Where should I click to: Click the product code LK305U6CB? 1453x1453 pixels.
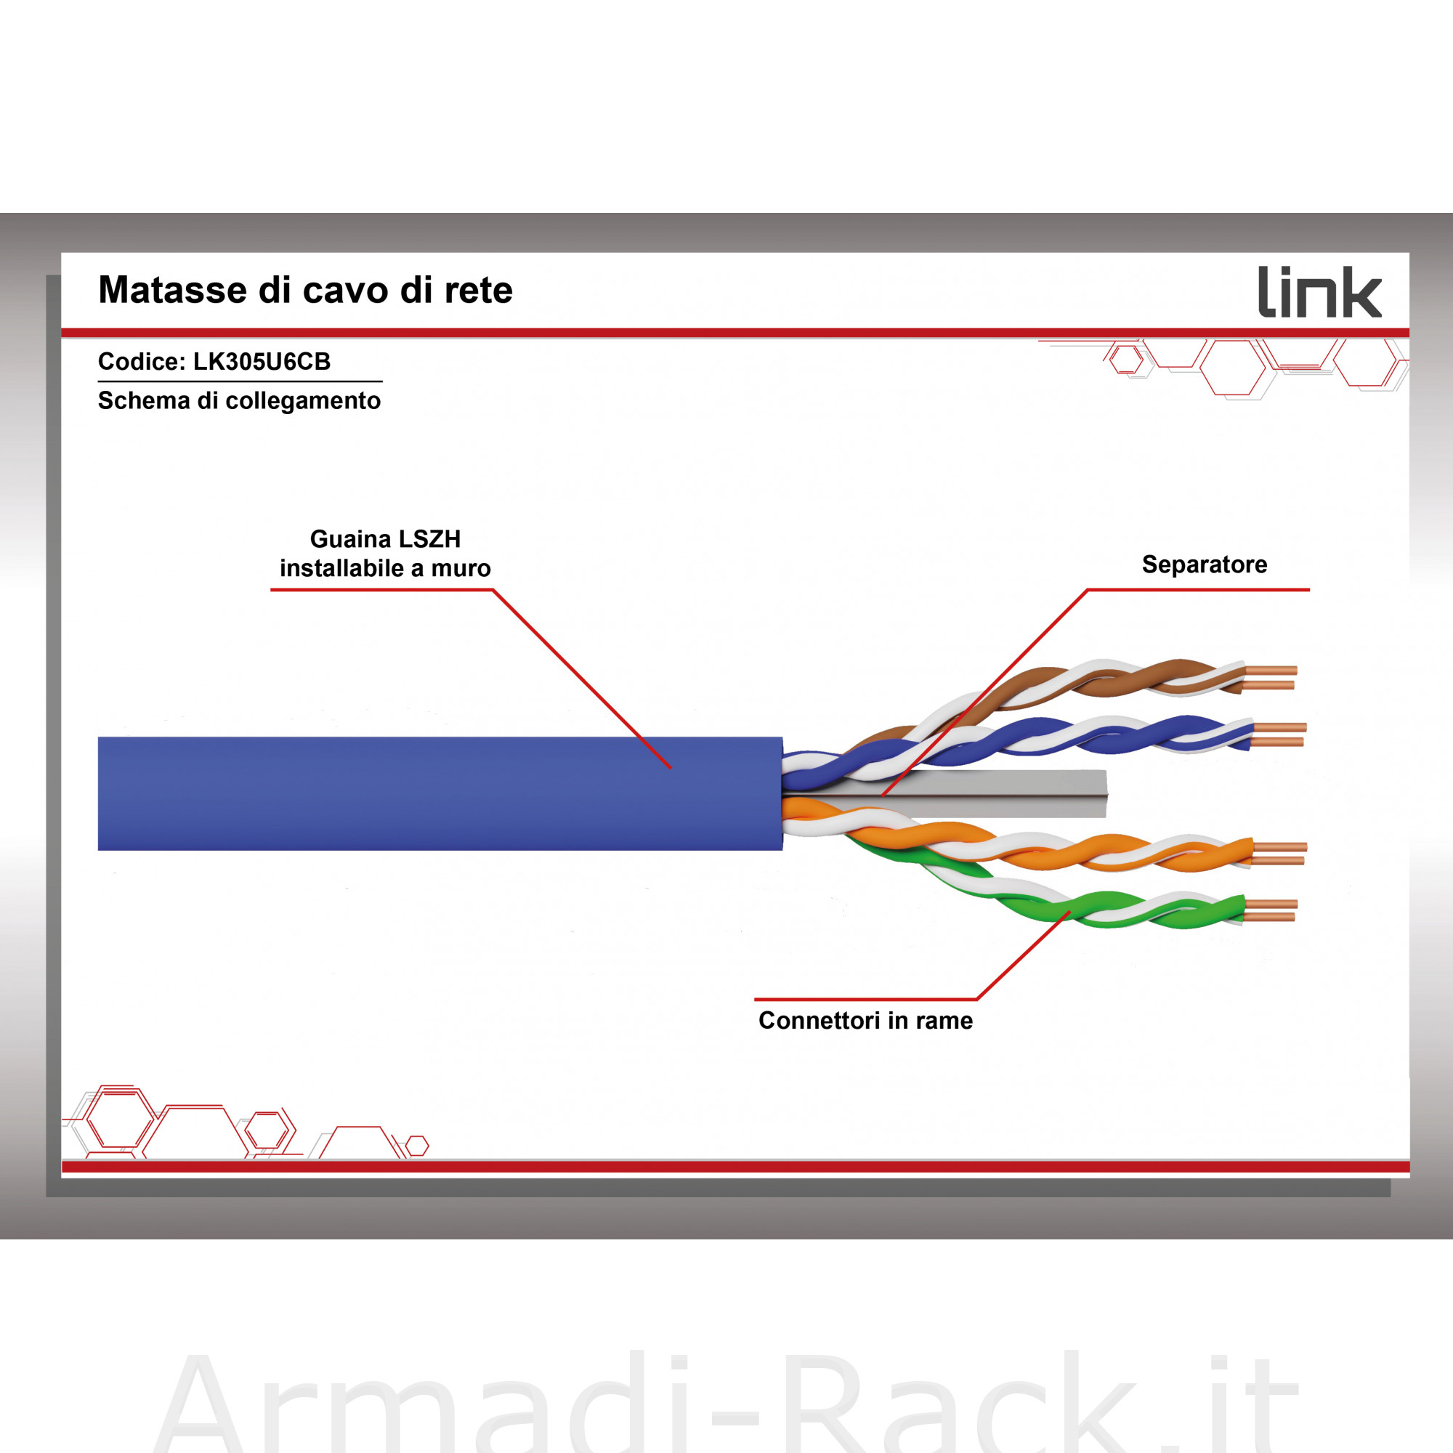pos(262,362)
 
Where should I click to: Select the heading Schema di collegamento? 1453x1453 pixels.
pos(239,401)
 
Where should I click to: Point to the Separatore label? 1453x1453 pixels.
pos(1204,564)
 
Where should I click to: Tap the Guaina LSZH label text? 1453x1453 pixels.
pos(385,539)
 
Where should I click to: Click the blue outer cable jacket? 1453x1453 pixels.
pos(440,793)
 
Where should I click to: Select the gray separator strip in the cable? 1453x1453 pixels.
pos(978,793)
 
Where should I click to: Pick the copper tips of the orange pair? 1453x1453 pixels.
pos(1279,854)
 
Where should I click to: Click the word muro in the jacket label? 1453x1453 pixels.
pos(461,569)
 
